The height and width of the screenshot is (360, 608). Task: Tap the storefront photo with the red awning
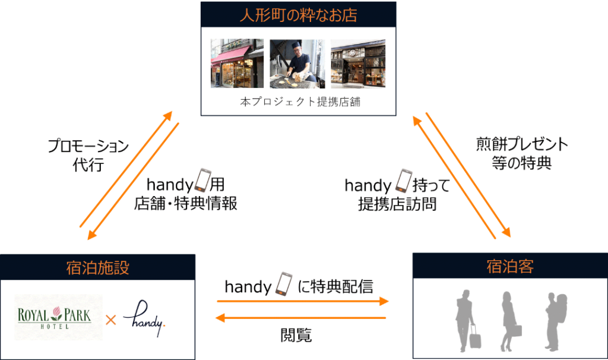237,64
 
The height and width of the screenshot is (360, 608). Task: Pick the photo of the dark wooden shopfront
357,64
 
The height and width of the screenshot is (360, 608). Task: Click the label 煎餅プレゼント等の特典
522,153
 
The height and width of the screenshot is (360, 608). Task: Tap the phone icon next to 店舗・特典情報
203,180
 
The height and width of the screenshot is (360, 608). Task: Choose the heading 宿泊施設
97,267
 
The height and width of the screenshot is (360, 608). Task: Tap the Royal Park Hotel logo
58,317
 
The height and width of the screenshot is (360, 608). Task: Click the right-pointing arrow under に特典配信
303,302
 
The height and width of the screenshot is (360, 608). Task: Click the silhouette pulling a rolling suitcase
467,321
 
